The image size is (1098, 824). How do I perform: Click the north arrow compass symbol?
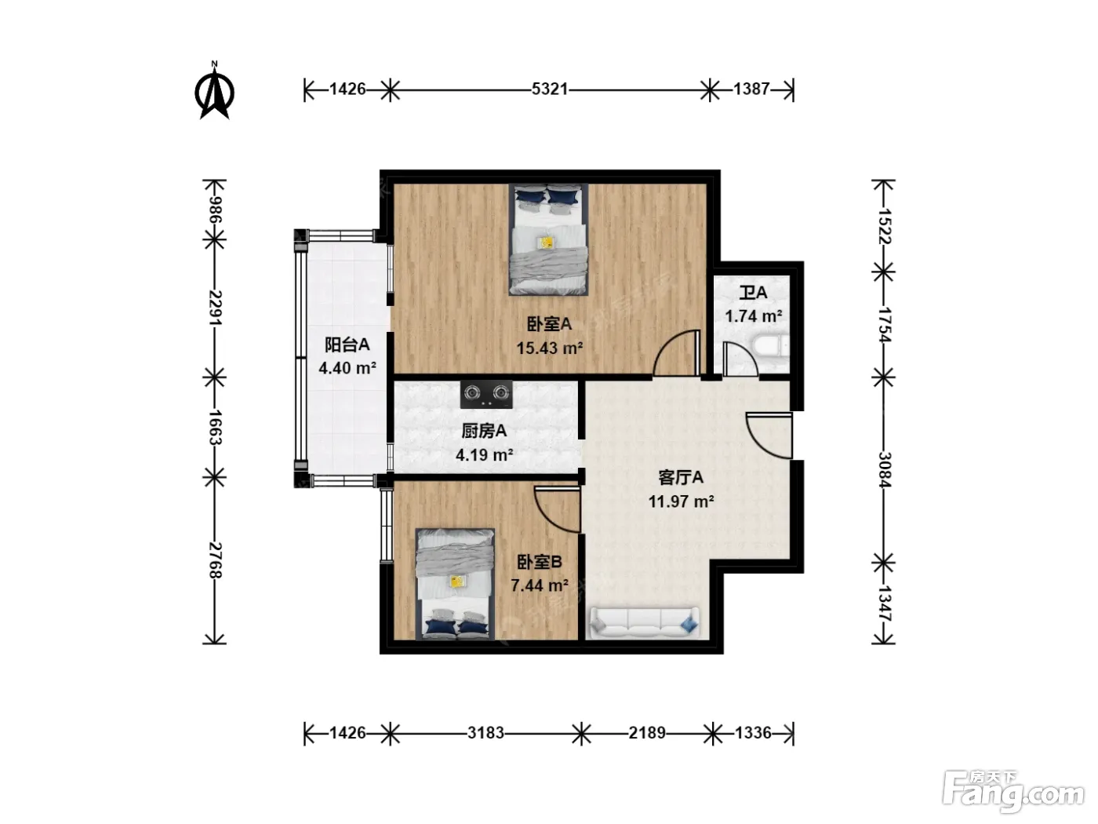tap(214, 91)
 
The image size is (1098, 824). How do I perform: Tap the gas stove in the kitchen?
tap(486, 394)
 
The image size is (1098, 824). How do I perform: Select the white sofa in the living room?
tap(645, 622)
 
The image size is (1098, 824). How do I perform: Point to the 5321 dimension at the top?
tap(549, 89)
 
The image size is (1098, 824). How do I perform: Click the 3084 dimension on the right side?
tap(884, 469)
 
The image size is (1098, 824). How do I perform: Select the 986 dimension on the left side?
tap(215, 210)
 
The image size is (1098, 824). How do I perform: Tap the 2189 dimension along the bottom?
tap(647, 733)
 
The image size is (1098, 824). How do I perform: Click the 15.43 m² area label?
tap(549, 348)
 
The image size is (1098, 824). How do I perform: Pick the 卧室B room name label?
tap(540, 563)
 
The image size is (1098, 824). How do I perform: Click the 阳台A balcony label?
tap(347, 345)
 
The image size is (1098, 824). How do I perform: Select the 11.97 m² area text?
tap(681, 501)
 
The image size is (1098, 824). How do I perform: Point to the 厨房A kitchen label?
tap(484, 431)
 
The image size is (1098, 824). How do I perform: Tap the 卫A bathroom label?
tap(754, 293)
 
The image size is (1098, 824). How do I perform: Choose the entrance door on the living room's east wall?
tap(769, 436)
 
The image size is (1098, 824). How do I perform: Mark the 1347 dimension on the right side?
tap(884, 603)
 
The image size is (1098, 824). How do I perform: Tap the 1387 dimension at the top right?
tap(751, 89)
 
